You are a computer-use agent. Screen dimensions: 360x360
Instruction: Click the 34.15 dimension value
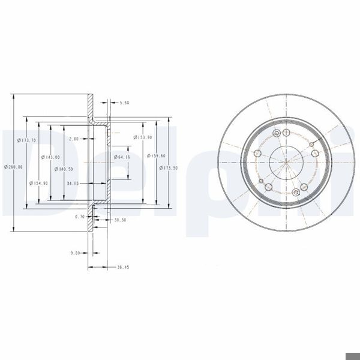[74, 183]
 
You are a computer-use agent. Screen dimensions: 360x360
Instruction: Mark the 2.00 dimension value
[74, 139]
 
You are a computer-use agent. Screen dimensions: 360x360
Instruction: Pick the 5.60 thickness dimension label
[124, 103]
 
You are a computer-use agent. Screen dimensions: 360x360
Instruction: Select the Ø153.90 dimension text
[143, 137]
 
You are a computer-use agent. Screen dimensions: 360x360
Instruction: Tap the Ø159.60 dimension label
[157, 157]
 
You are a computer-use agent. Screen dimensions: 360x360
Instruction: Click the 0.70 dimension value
[79, 216]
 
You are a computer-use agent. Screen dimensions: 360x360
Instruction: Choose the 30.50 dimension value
[120, 221]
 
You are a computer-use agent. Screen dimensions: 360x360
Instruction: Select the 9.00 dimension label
[75, 253]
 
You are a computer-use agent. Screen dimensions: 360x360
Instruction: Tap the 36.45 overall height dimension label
[122, 267]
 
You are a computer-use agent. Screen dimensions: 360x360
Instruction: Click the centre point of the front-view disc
[285, 161]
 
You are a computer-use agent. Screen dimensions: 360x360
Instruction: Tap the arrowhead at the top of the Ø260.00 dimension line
[13, 96]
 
